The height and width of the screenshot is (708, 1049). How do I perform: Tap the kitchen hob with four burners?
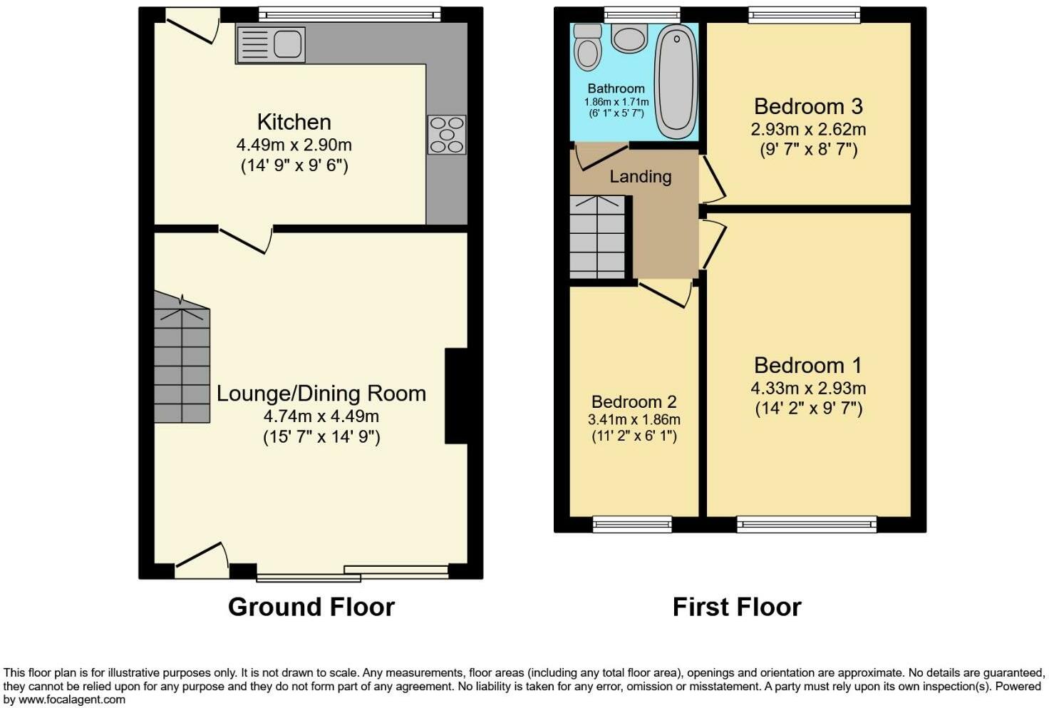[x=447, y=135]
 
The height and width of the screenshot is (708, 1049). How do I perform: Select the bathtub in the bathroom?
[x=675, y=81]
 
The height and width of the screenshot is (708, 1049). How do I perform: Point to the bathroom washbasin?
[x=629, y=38]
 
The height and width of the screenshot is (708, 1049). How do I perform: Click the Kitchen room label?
[x=294, y=122]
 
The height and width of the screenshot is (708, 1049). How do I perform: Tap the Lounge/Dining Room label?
[x=321, y=394]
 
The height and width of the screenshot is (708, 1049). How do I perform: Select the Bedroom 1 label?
[x=807, y=366]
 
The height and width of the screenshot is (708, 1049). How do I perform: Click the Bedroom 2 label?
[x=634, y=402]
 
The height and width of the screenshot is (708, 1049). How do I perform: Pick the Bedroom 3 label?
[x=807, y=107]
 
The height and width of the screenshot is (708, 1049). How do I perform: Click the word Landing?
[x=640, y=176]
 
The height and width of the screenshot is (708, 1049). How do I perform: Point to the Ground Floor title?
[x=311, y=607]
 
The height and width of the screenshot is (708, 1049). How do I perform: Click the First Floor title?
[x=736, y=607]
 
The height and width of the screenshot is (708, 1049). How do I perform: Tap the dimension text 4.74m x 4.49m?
[x=321, y=416]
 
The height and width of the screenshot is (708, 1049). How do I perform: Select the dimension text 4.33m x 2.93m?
[x=807, y=389]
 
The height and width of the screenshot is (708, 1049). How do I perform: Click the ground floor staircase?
[x=182, y=364]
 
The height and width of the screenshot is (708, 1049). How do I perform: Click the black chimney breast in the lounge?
[x=456, y=396]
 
